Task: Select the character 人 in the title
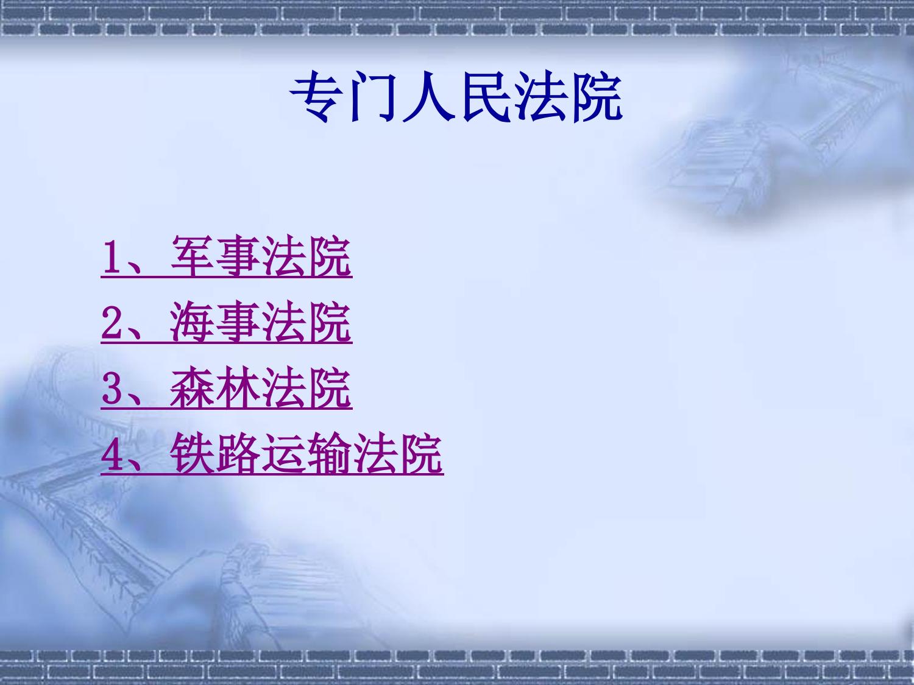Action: pos(428,97)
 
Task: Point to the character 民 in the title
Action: pos(486,97)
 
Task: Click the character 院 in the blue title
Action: pos(598,97)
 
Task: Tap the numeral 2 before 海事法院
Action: pos(111,323)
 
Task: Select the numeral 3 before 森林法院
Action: pos(111,389)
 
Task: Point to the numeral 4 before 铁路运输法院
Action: pos(111,455)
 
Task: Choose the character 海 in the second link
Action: pos(191,321)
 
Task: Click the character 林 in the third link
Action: pos(238,388)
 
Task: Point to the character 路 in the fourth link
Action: pos(238,454)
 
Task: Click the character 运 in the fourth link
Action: pos(283,454)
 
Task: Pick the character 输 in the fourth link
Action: pos(329,454)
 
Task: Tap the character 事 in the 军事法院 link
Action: pos(238,256)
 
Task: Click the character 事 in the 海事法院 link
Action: pos(238,321)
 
